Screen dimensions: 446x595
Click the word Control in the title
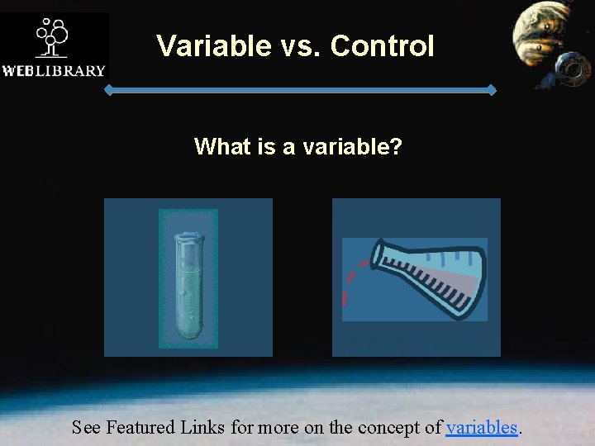(x=382, y=46)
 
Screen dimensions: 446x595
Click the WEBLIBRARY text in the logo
(x=54, y=70)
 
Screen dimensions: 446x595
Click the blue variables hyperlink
(x=482, y=427)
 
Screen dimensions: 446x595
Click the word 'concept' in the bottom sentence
(x=395, y=427)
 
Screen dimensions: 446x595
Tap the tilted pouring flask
(x=430, y=277)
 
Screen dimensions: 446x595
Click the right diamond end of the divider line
(x=493, y=90)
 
